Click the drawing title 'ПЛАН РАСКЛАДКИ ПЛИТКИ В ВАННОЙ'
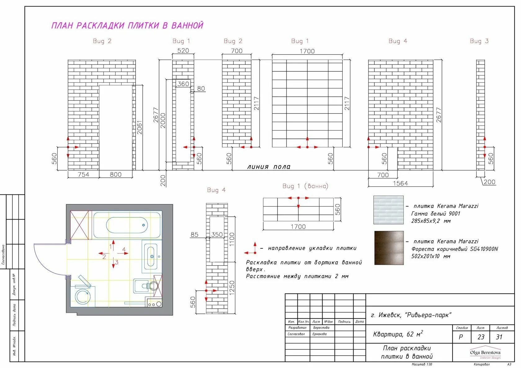(127, 25)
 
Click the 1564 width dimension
(400, 183)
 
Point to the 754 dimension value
(83, 175)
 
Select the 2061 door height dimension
(140, 127)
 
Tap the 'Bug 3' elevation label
(479, 41)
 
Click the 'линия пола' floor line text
(269, 167)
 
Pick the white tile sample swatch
(389, 210)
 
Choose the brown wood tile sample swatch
(389, 248)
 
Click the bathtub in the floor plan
(127, 225)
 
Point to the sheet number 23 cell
(481, 337)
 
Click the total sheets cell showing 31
(499, 337)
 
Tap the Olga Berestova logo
(485, 353)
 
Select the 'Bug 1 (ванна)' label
(305, 186)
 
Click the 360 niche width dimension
(183, 84)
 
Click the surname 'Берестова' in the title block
(321, 328)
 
